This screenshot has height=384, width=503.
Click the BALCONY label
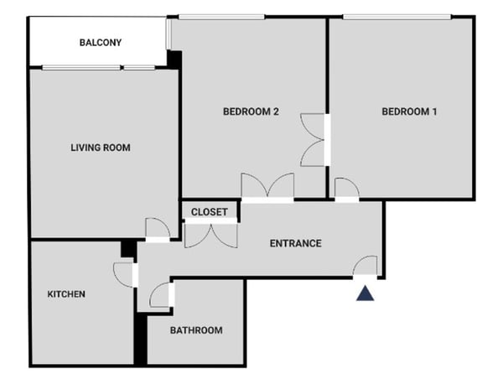coord(101,43)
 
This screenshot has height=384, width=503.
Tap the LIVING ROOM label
coord(101,148)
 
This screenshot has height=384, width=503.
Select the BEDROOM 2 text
coord(251,112)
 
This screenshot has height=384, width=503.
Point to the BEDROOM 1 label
coord(409,112)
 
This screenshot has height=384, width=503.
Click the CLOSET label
coord(209,212)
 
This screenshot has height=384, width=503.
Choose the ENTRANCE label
coord(295,243)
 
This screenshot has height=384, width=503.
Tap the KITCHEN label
coord(66,293)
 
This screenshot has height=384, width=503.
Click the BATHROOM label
coord(196,330)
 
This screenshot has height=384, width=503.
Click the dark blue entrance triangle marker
coord(365,293)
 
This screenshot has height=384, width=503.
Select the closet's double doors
coord(211,236)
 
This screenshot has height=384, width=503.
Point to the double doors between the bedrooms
coord(313,140)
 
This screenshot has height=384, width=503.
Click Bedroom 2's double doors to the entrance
coord(267,185)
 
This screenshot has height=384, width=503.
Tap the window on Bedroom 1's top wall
coord(397,17)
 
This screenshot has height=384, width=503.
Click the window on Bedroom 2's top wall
coord(221,17)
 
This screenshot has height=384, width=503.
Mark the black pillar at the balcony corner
coord(174,60)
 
